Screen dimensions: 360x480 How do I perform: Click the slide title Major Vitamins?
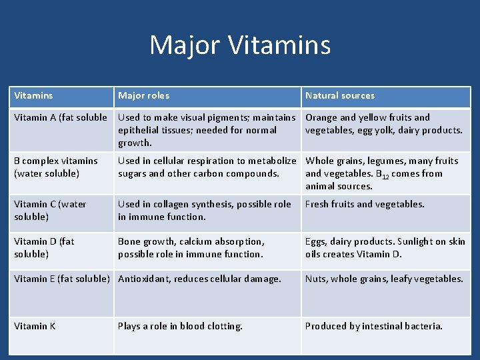[x=240, y=45]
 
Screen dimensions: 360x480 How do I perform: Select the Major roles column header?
[x=143, y=96]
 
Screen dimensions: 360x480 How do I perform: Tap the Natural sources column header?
[x=340, y=96]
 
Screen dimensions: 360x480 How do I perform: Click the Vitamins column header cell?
[x=33, y=96]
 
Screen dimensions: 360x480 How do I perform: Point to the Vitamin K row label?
[x=35, y=326]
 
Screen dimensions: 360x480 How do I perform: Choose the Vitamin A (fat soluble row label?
[x=61, y=118]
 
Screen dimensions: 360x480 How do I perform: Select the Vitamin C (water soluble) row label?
[x=50, y=210]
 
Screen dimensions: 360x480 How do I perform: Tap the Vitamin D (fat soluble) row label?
[x=44, y=247]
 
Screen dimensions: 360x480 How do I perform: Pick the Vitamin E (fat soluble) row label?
[x=61, y=279]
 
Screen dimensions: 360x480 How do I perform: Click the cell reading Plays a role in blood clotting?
[x=180, y=326]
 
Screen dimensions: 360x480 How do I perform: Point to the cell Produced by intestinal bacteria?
[x=373, y=326]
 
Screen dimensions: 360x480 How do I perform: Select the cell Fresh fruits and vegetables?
[x=365, y=204]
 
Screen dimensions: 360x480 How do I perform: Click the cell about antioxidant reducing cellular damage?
[x=199, y=279]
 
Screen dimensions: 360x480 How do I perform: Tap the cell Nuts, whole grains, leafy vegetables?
[x=384, y=279]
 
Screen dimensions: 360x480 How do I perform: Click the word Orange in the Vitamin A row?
[x=321, y=118]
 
